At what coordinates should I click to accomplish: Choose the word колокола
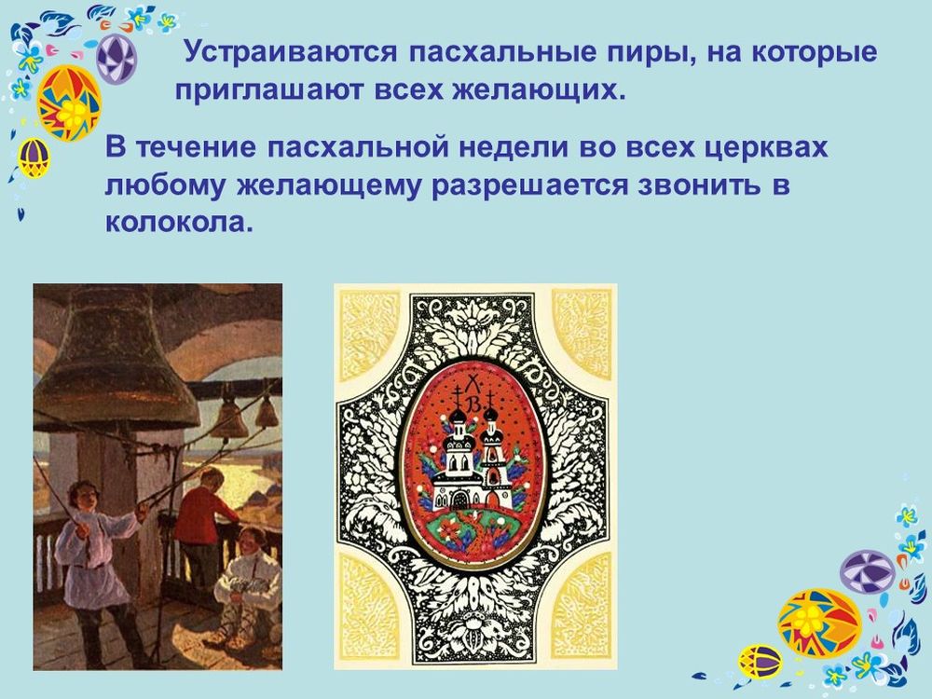click(178, 225)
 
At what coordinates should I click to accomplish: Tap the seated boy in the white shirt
click(246, 578)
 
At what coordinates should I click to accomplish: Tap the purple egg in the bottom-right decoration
click(867, 571)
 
